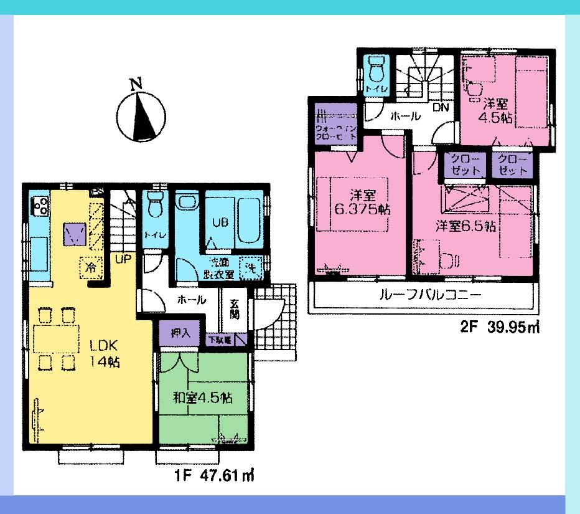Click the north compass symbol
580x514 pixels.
pyautogui.click(x=141, y=115)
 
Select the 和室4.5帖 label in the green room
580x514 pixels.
pyautogui.click(x=203, y=397)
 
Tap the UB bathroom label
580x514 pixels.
pyautogui.click(x=219, y=222)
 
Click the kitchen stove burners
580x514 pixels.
pyautogui.click(x=40, y=204)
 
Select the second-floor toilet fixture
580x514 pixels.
pyautogui.click(x=377, y=70)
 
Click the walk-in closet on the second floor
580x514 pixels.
pyautogui.click(x=335, y=125)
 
